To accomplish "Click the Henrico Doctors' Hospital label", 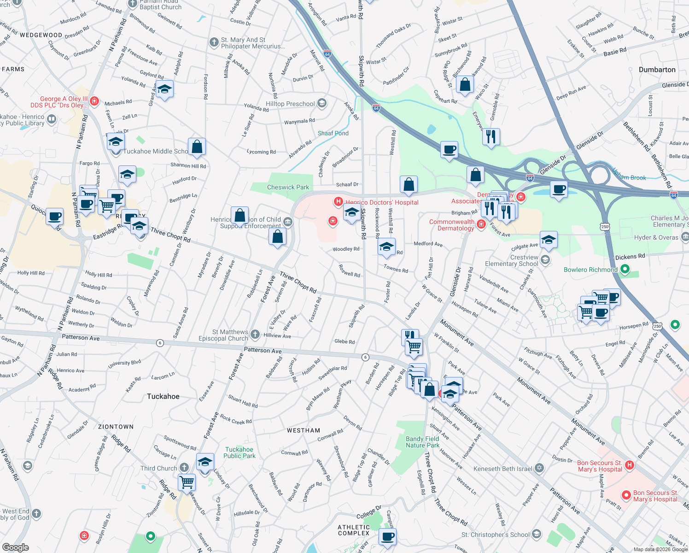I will click(x=382, y=202).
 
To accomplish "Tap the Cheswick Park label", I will click(x=288, y=187).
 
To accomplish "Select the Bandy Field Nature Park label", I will click(x=422, y=442).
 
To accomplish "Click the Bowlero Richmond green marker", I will click(x=625, y=269).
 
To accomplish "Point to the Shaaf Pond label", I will click(x=333, y=133).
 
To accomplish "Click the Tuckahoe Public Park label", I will click(x=239, y=453).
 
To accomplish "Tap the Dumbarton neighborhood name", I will click(x=657, y=70).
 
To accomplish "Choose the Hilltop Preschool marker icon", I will click(x=322, y=103).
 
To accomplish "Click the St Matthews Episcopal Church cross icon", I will click(x=255, y=335).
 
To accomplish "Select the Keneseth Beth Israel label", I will click(x=502, y=469).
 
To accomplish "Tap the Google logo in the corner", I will click(x=15, y=547).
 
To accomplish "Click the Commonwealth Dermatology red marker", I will click(x=481, y=224).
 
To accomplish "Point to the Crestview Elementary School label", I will click(x=511, y=260).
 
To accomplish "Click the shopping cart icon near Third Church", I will click(x=187, y=482).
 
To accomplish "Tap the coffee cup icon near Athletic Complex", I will click(x=387, y=537).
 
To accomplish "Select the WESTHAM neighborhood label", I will click(x=303, y=430).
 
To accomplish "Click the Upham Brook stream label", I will click(x=629, y=177).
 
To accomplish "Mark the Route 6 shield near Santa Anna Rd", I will click(x=160, y=343).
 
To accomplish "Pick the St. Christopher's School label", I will click(x=495, y=535).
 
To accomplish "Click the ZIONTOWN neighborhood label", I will click(x=116, y=427).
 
